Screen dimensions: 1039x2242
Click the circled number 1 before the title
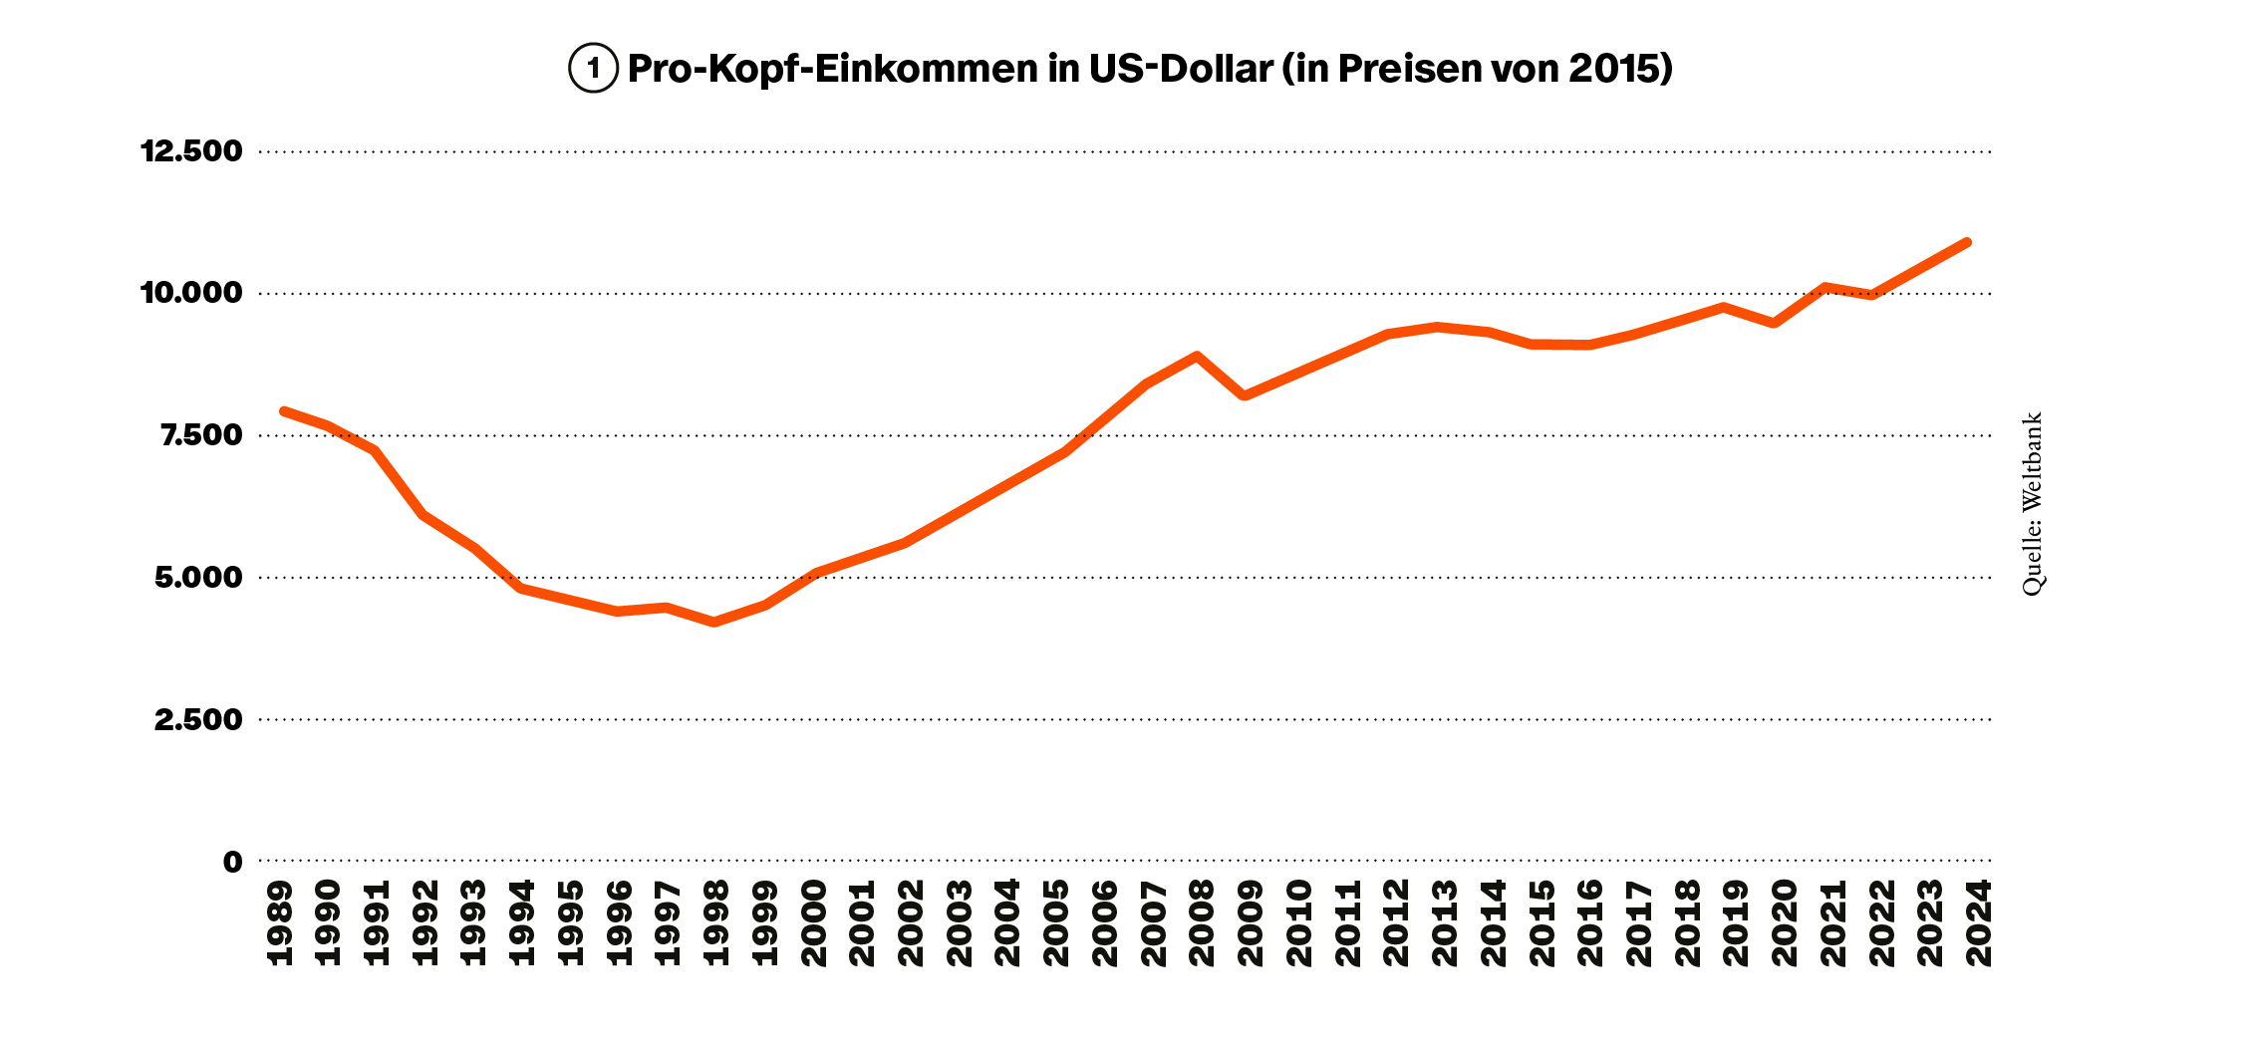pyautogui.click(x=594, y=69)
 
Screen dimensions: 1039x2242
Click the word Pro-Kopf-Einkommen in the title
pyautogui.click(x=832, y=69)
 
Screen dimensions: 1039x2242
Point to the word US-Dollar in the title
pyautogui.click(x=1180, y=69)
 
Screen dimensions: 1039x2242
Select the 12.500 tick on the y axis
pyautogui.click(x=191, y=151)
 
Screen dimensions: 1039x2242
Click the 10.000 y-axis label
pyautogui.click(x=191, y=293)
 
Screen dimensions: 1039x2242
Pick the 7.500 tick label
pyautogui.click(x=201, y=435)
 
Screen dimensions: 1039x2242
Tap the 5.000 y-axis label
pyautogui.click(x=198, y=578)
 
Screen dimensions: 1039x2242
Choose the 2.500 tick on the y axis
pyautogui.click(x=198, y=719)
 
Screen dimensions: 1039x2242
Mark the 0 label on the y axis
pyautogui.click(x=232, y=862)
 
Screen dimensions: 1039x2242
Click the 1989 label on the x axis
pyautogui.click(x=281, y=923)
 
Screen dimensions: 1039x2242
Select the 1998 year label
pyautogui.click(x=716, y=923)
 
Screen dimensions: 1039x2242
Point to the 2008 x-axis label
pyautogui.click(x=1202, y=923)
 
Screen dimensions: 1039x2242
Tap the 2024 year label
pyautogui.click(x=1978, y=923)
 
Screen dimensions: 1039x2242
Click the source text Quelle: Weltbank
pyautogui.click(x=2032, y=504)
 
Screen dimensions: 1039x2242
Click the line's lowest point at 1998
pyautogui.click(x=714, y=622)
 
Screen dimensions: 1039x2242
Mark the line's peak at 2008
pyautogui.click(x=1197, y=356)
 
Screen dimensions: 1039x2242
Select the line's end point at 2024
pyautogui.click(x=1967, y=242)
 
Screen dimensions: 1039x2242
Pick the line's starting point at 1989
pyautogui.click(x=284, y=410)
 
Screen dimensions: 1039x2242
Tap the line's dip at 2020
pyautogui.click(x=1775, y=323)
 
